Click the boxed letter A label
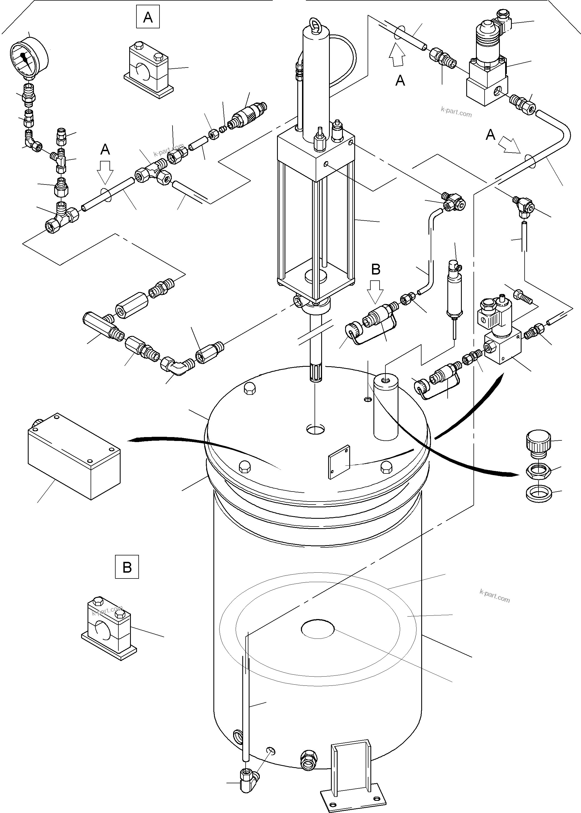pyautogui.click(x=148, y=17)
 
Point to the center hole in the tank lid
pyautogui.click(x=316, y=430)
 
